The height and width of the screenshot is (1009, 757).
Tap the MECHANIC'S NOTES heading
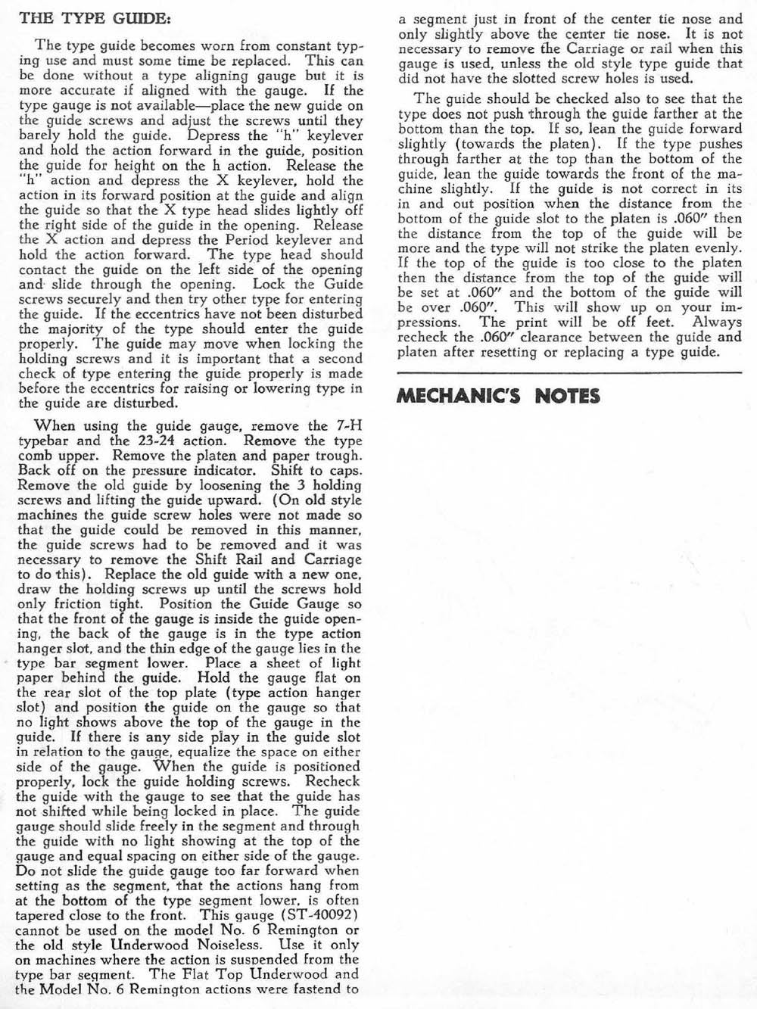pos(498,396)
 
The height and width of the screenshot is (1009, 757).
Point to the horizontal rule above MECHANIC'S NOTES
pos(569,372)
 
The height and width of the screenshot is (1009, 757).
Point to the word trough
pos(336,456)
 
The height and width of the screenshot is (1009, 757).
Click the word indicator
pos(223,470)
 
